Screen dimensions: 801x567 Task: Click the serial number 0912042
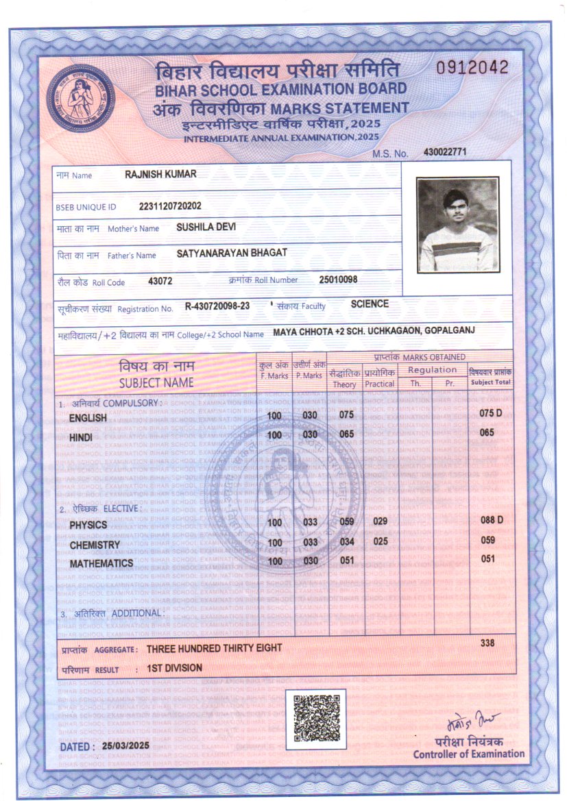click(x=473, y=67)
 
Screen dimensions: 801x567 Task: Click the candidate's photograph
click(x=457, y=224)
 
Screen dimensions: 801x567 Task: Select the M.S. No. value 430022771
click(x=445, y=151)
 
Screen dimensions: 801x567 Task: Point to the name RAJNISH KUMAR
click(x=160, y=174)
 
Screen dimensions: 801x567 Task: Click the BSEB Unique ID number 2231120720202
click(x=170, y=206)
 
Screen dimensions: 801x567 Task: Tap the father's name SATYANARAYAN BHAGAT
click(x=232, y=254)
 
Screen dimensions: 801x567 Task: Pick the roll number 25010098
click(x=338, y=280)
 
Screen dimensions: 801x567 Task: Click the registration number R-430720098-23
click(x=217, y=308)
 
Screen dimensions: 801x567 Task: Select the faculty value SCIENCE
click(x=370, y=304)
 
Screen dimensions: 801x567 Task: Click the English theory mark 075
click(x=346, y=415)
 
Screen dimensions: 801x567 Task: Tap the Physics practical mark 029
click(x=380, y=521)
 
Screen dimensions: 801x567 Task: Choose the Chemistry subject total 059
click(x=487, y=540)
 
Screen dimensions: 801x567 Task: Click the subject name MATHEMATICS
click(x=101, y=563)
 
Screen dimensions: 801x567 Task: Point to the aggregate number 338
click(x=487, y=643)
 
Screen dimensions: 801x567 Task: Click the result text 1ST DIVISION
click(x=174, y=668)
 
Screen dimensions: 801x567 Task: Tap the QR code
click(x=316, y=718)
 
